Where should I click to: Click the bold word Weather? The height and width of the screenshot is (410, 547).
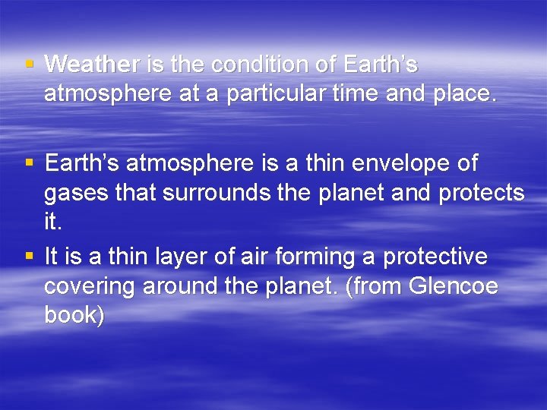(x=93, y=65)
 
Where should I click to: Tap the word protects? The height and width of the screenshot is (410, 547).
(x=482, y=193)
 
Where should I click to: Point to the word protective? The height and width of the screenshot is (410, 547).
(x=435, y=257)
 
